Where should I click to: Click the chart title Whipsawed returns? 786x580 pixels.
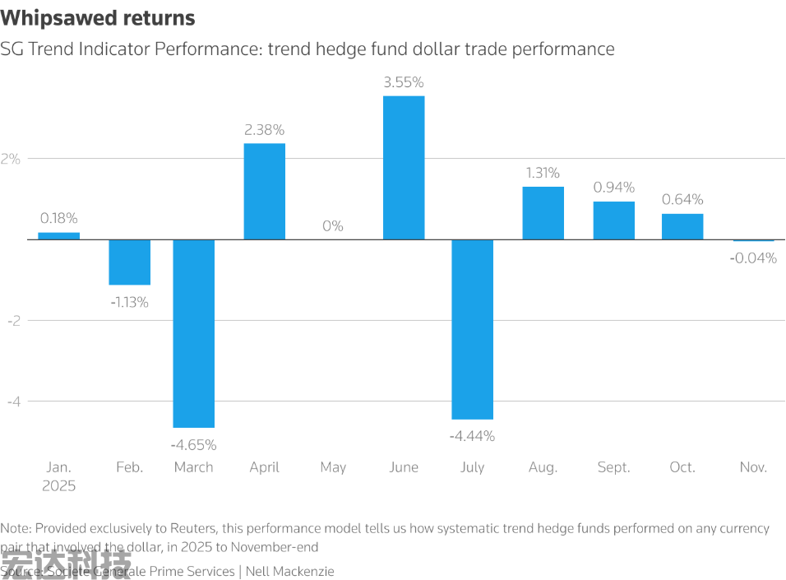click(x=98, y=18)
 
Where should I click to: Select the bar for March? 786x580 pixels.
click(x=194, y=333)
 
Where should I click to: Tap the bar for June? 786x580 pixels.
click(x=404, y=168)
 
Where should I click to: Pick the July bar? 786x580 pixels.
click(x=473, y=329)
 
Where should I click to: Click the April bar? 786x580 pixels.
click(x=265, y=192)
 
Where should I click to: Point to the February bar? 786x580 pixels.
click(x=130, y=262)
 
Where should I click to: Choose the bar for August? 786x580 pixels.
click(x=543, y=213)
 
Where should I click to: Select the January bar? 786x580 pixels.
click(x=59, y=236)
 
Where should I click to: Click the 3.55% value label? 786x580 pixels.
click(x=404, y=82)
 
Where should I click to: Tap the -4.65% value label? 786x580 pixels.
click(x=194, y=445)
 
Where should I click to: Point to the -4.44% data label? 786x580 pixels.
click(x=473, y=436)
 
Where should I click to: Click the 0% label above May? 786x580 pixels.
click(x=333, y=226)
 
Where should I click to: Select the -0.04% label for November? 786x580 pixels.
click(x=753, y=258)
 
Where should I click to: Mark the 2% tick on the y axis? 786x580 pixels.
click(x=11, y=159)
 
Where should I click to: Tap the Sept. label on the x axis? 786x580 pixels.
click(x=613, y=467)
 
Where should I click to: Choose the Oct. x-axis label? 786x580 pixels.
click(x=682, y=467)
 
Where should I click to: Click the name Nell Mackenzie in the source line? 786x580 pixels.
click(x=291, y=571)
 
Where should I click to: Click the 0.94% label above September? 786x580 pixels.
click(x=613, y=188)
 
